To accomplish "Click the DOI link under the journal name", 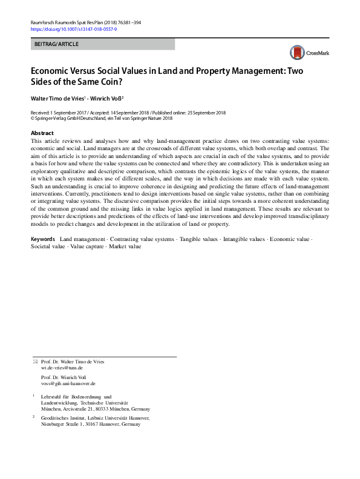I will pyautogui.click(x=73, y=29).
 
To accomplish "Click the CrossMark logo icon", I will pyautogui.click(x=296, y=52).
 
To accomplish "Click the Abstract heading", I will pyautogui.click(x=42, y=133).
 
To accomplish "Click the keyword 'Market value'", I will pyautogui.click(x=125, y=246).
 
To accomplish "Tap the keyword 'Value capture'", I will pyautogui.click(x=87, y=246).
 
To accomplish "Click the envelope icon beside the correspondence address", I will pyautogui.click(x=34, y=362).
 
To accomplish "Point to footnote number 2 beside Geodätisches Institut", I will pyautogui.click(x=33, y=418).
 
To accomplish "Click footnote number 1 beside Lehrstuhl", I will pyautogui.click(x=33, y=396).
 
